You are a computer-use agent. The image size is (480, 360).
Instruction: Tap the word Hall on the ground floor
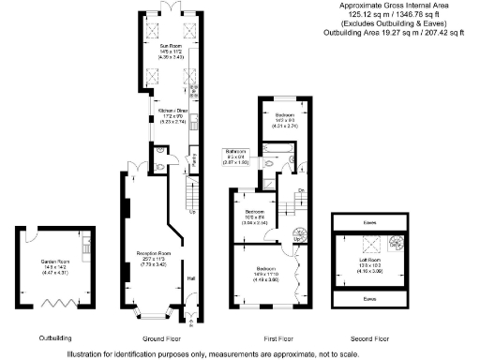[x=192, y=277]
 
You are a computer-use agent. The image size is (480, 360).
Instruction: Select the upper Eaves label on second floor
[x=367, y=223]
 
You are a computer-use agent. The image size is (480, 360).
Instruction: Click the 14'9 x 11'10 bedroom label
[x=263, y=272]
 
